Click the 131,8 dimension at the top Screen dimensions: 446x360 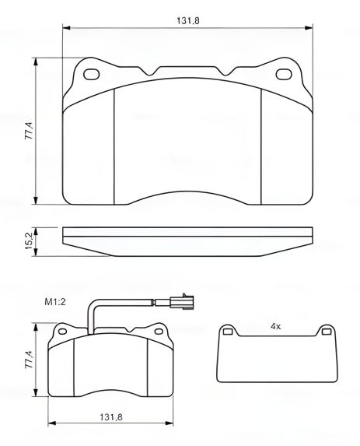188,20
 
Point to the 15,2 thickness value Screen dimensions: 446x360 29,241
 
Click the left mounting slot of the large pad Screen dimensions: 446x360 92,76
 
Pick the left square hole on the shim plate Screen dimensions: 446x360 227,333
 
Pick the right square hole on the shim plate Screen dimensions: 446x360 323,333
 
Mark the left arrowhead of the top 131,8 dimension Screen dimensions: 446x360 65,29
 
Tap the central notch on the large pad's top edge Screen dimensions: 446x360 188,70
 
